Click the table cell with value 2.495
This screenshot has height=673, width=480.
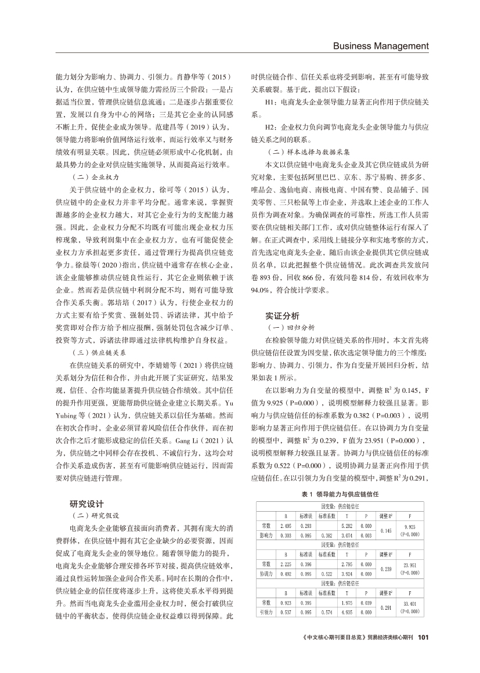pyautogui.click(x=285, y=525)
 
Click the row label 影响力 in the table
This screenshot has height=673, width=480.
pyautogui.click(x=265, y=534)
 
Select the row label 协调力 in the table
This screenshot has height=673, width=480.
pyautogui.click(x=265, y=573)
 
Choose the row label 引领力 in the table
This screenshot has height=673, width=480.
pyautogui.click(x=265, y=612)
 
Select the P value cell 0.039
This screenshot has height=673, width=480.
pyautogui.click(x=366, y=602)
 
